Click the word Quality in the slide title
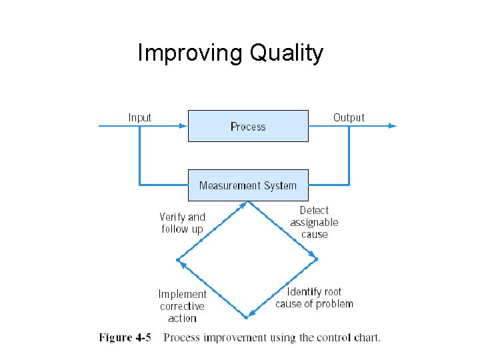click(287, 53)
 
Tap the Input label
click(140, 118)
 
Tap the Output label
click(349, 118)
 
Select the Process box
click(248, 126)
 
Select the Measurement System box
click(248, 185)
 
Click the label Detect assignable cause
click(314, 222)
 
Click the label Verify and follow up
click(182, 223)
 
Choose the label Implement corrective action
click(182, 306)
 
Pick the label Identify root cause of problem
click(314, 297)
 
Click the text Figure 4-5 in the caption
click(125, 337)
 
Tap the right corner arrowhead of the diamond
click(315, 257)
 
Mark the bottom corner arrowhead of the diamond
click(249, 314)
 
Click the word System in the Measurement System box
click(279, 185)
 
